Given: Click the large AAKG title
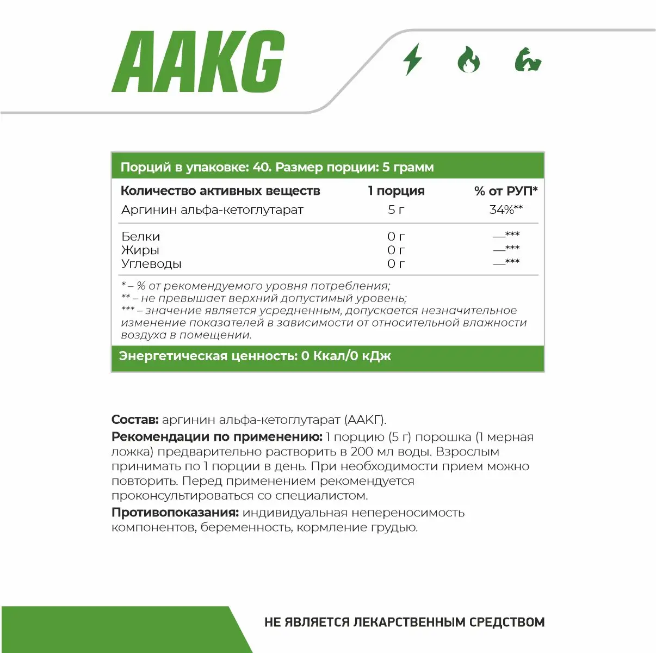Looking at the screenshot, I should [199, 62].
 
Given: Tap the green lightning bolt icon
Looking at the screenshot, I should [412, 59].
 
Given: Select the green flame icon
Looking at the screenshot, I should [468, 59].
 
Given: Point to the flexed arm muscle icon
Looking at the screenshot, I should [528, 60].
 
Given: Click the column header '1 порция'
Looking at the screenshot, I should [396, 191].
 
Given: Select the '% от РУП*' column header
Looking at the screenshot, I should [506, 191].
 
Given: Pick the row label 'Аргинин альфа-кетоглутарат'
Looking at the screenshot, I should [212, 210].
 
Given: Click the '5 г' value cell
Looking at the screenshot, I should [396, 210].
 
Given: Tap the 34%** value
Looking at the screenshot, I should [506, 210].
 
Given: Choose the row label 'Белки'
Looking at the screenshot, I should [140, 237].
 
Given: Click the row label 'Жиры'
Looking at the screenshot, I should [140, 250].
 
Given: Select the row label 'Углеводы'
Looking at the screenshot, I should [151, 264].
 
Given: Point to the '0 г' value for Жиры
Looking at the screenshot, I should [396, 250].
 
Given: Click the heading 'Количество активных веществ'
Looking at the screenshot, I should [220, 191].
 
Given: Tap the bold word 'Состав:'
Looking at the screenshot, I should [135, 420].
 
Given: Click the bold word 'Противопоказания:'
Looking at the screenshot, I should [175, 513].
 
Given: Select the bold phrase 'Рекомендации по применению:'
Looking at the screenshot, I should [217, 437].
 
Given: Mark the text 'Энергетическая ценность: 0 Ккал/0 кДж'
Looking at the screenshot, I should [255, 356].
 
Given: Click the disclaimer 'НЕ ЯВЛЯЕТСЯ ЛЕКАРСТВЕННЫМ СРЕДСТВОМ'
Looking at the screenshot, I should [404, 622].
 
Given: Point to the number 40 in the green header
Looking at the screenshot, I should [261, 167].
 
